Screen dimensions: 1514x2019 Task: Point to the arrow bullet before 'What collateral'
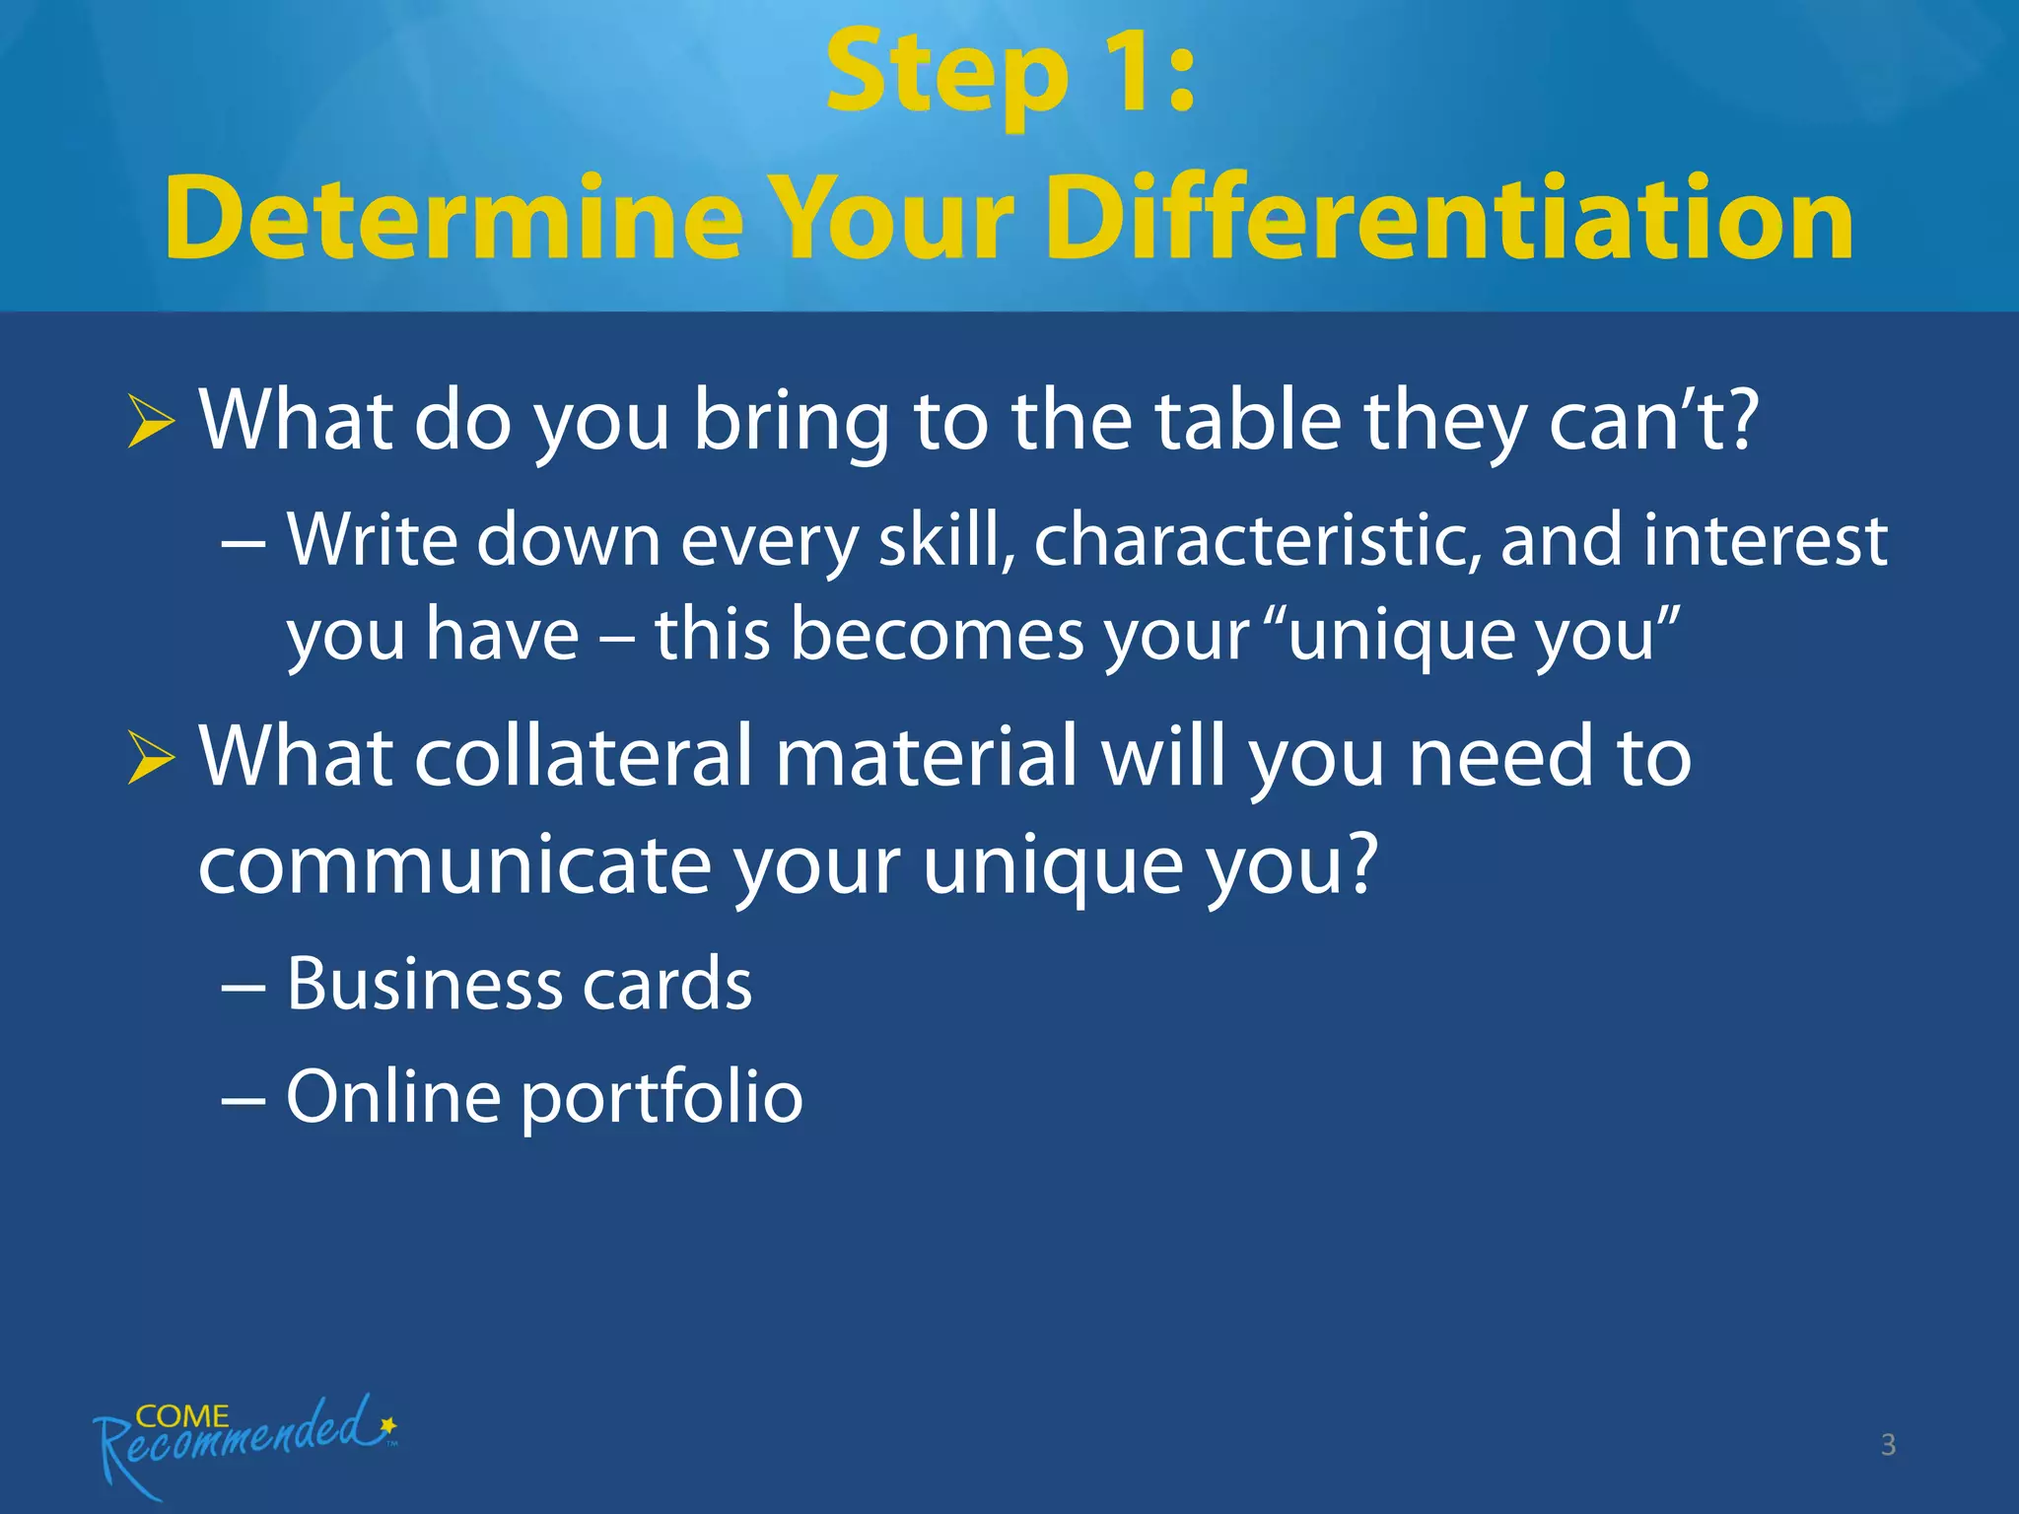(x=151, y=759)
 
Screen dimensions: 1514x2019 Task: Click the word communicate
(x=453, y=865)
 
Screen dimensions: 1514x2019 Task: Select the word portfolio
(x=661, y=1097)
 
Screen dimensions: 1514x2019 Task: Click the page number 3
(x=1888, y=1445)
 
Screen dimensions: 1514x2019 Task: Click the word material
(x=927, y=757)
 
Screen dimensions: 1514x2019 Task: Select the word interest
(x=1765, y=540)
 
